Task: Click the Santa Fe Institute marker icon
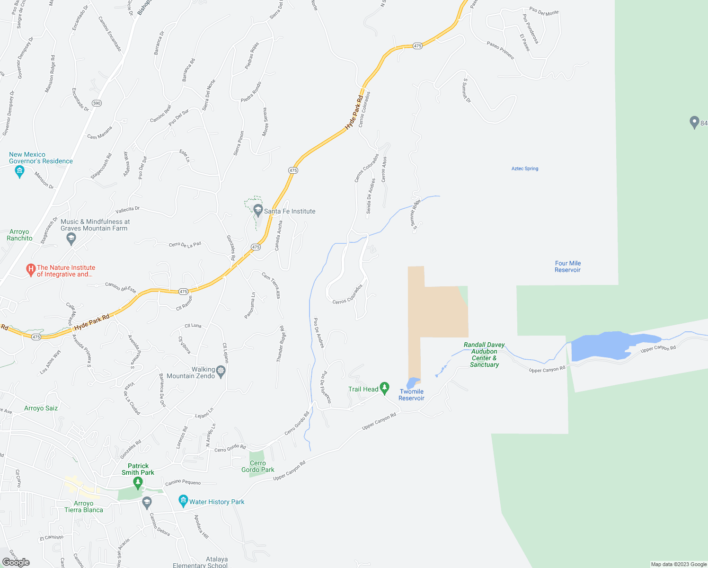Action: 258,210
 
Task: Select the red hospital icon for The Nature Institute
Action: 31,270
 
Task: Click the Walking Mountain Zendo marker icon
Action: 221,371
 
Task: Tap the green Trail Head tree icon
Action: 385,388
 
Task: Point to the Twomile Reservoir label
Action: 411,395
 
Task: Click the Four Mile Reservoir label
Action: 567,266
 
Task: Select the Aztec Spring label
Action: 525,169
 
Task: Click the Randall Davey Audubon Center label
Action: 484,355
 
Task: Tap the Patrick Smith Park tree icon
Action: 138,483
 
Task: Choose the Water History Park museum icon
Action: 183,501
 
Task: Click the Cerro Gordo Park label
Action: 257,466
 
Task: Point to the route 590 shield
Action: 97,103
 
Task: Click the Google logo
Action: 16,562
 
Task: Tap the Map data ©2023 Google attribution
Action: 679,564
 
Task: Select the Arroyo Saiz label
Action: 41,408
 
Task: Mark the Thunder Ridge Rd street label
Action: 280,344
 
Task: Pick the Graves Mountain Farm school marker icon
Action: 71,239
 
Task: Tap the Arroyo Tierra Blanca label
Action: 84,506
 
